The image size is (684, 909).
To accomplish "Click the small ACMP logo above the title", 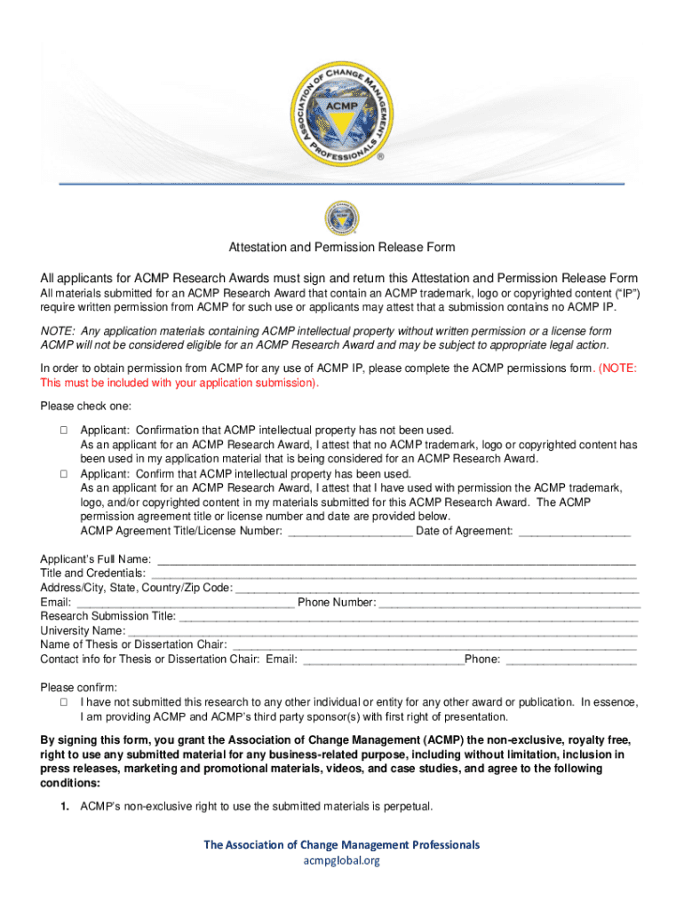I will (342, 218).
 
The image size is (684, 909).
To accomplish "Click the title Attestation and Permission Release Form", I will (342, 247).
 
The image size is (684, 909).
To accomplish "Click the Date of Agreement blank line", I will (574, 533).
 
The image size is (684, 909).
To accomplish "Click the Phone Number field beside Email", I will (509, 604).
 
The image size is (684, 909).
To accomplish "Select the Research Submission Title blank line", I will (408, 617).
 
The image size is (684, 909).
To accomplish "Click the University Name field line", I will (383, 631).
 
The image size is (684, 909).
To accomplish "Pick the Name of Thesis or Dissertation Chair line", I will (433, 645).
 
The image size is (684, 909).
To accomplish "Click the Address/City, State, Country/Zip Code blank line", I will (436, 589).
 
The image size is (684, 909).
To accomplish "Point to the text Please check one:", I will (85, 407).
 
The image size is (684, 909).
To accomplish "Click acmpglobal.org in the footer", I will (342, 860).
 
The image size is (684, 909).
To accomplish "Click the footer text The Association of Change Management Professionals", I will (342, 844).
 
